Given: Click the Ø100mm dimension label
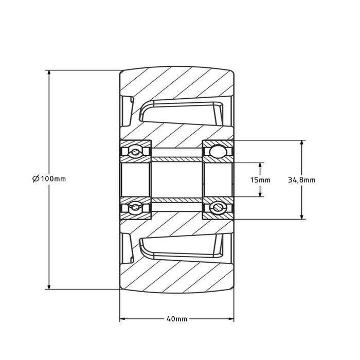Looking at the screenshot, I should (x=49, y=179).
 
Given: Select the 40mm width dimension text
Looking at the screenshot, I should (x=177, y=319).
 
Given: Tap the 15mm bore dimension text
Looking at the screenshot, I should (x=260, y=179).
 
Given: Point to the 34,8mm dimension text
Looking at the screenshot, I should (x=301, y=179).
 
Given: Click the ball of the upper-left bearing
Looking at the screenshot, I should (x=135, y=152).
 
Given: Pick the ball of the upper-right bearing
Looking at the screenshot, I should (x=218, y=152).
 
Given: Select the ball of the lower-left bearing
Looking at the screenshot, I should (x=135, y=207).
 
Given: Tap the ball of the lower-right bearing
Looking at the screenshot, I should (x=218, y=207).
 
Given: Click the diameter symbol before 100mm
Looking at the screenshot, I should (x=35, y=179).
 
